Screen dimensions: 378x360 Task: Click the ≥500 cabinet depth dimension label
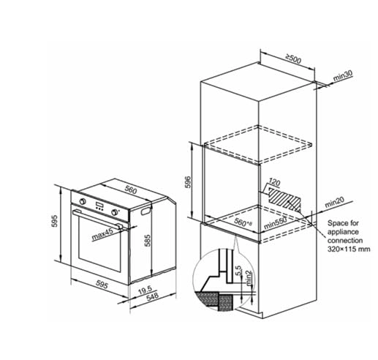point(293,59)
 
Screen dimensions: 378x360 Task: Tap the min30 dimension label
point(343,75)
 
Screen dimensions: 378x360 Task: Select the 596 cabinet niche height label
point(188,181)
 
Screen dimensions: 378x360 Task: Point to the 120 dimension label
point(274,181)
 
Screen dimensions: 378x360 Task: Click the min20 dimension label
point(334,202)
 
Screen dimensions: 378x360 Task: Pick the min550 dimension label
point(276,223)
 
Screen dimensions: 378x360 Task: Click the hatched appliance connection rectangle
point(284,199)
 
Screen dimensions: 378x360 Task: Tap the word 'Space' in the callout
point(336,223)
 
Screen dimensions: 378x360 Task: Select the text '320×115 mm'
point(349,249)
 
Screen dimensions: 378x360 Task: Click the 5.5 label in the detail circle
point(238,271)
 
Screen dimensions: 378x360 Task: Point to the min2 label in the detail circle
point(249,278)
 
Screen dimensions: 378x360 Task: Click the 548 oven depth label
point(152,296)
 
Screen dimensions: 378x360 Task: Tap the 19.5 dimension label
point(145,290)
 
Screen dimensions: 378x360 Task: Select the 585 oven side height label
point(148,241)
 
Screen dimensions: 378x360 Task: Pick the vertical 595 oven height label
point(54,221)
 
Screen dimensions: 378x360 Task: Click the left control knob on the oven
point(83,201)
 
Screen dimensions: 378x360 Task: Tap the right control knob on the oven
point(114,212)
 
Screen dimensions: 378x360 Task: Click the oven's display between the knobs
point(99,205)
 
